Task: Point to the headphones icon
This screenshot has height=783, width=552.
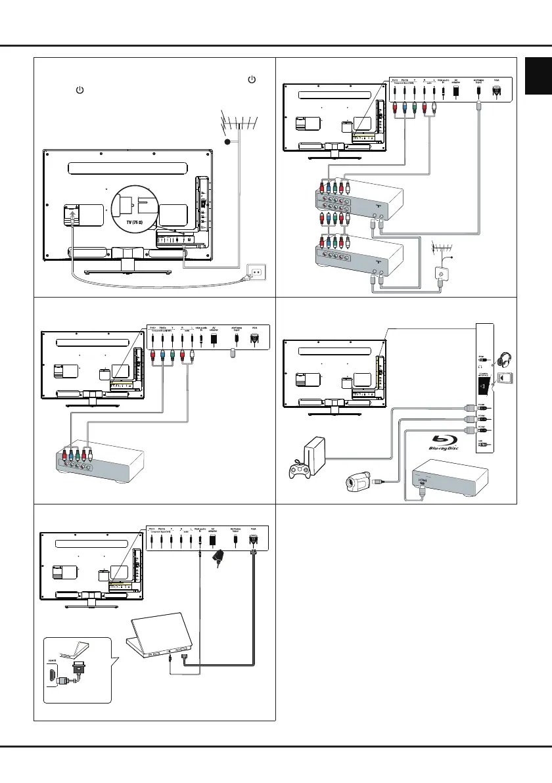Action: [510, 359]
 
